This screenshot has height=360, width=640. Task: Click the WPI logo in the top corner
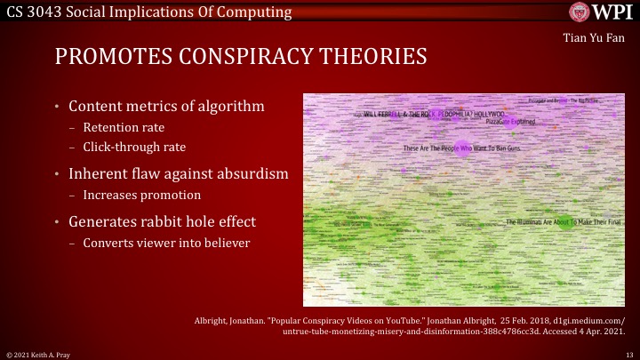tap(601, 12)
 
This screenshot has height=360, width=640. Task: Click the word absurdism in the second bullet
tap(250, 172)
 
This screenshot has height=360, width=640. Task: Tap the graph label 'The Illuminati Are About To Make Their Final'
tap(566, 221)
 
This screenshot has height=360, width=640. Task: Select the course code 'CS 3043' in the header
tap(31, 11)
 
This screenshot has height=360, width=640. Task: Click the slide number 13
tap(628, 353)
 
